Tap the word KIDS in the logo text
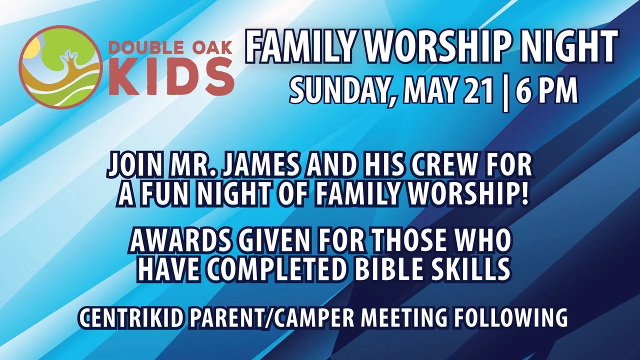pos(171,78)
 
